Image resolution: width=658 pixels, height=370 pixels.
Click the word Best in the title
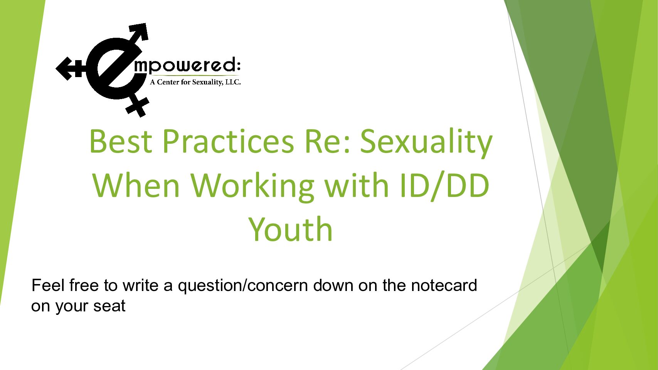[121, 141]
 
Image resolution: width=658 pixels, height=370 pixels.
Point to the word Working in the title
[252, 187]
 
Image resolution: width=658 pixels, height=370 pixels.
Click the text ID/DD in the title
[444, 186]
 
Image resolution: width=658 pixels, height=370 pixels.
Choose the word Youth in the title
[290, 229]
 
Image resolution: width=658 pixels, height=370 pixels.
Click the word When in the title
[136, 185]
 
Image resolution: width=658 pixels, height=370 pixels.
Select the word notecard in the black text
[444, 286]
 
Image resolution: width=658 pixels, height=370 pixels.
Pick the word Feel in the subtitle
[48, 285]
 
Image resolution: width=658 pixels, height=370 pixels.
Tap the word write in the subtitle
[140, 285]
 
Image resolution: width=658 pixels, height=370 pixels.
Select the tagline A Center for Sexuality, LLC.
[195, 82]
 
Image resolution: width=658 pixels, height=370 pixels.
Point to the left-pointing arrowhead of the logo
[64, 69]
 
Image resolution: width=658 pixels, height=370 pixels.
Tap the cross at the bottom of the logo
[138, 106]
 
